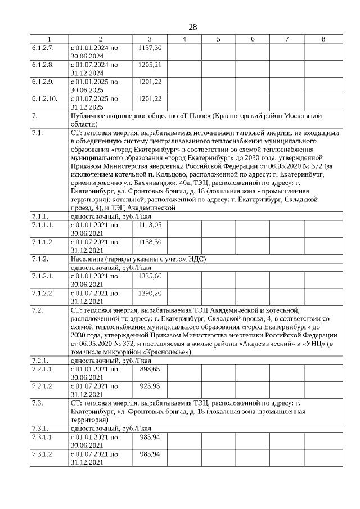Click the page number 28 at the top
pos(192,27)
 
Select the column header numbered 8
pos(323,39)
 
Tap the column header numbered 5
pos(218,39)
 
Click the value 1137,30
pos(150,48)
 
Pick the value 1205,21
pos(150,65)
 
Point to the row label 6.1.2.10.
pos(45,98)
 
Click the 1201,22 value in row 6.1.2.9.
pos(150,82)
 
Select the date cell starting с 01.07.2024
pos(94,65)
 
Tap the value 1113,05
pos(150,240)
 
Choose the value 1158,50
pos(150,257)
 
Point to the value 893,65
pos(150,368)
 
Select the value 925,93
pos(150,385)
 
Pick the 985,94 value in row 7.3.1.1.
pos(150,436)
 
